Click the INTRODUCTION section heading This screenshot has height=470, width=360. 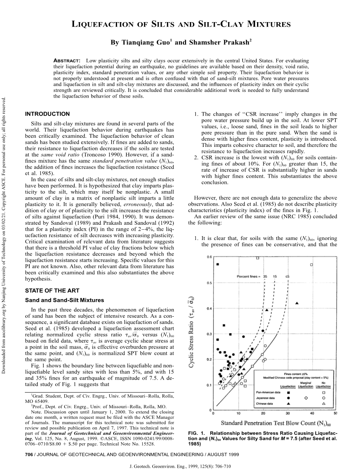[47, 114]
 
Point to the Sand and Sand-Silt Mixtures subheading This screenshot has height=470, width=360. [64, 300]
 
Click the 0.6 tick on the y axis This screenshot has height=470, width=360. [209, 257]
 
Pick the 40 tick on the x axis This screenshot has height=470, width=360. [312, 413]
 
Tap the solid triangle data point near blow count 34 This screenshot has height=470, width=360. [297, 303]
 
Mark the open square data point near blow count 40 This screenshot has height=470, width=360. [312, 264]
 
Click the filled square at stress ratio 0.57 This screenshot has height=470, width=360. [217, 264]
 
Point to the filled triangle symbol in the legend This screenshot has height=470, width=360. [289, 403]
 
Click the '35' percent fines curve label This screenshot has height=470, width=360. [265, 276]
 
